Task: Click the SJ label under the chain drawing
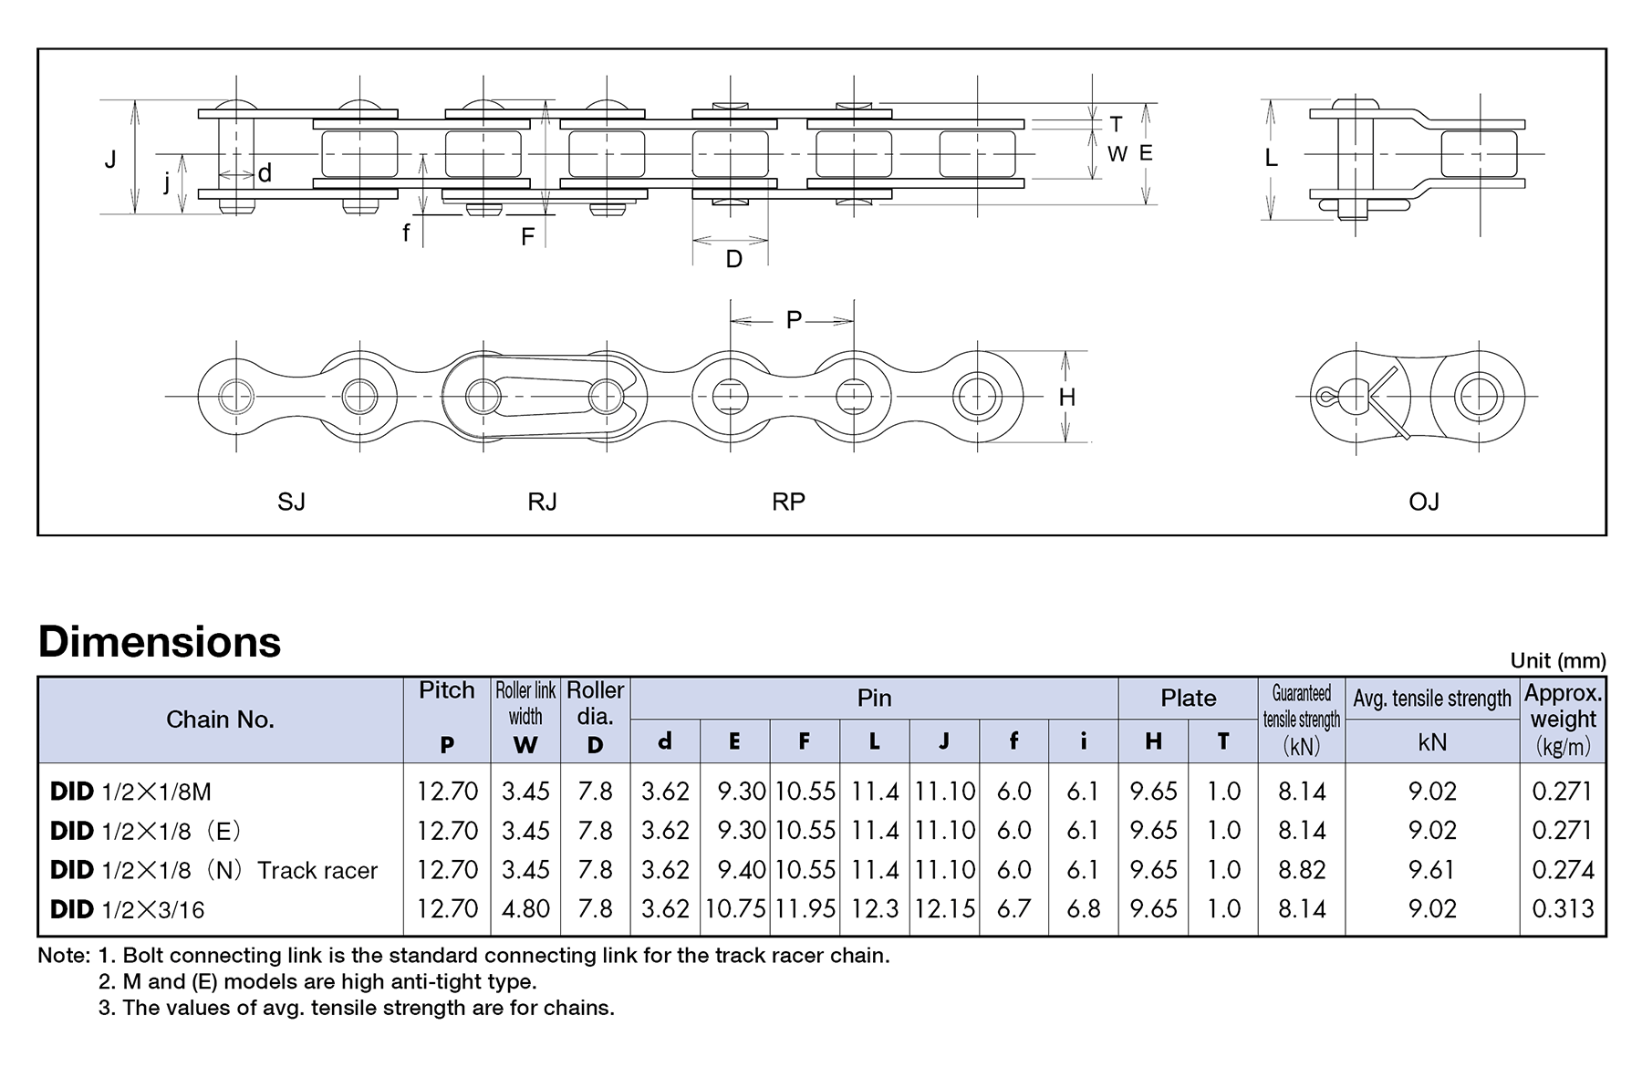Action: [291, 502]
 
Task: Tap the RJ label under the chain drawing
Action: [542, 502]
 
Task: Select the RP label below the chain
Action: [788, 502]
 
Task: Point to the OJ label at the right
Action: [1423, 502]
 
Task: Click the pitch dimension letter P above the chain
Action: [794, 320]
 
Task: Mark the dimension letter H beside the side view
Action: [1066, 398]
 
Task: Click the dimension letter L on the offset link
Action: [1271, 159]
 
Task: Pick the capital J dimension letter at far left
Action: [110, 160]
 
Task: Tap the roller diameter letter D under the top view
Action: [733, 260]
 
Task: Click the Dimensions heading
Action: [160, 642]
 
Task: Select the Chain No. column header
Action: [220, 720]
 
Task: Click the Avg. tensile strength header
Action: [1431, 699]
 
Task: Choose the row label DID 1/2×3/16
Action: [128, 909]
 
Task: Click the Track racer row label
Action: [213, 870]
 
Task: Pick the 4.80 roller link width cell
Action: [525, 909]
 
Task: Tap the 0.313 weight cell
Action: [1563, 909]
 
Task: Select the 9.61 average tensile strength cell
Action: [1431, 870]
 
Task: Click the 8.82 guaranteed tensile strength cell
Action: [1301, 870]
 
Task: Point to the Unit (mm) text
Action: [1557, 660]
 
